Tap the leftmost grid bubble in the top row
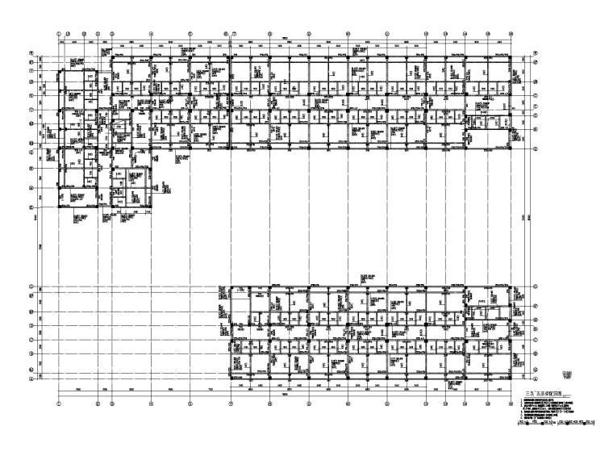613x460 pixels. pos(59,34)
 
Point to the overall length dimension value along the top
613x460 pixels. pos(286,40)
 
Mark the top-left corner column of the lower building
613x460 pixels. pos(231,287)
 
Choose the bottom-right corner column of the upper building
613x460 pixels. pos(511,148)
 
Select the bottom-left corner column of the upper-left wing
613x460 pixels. pos(60,205)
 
